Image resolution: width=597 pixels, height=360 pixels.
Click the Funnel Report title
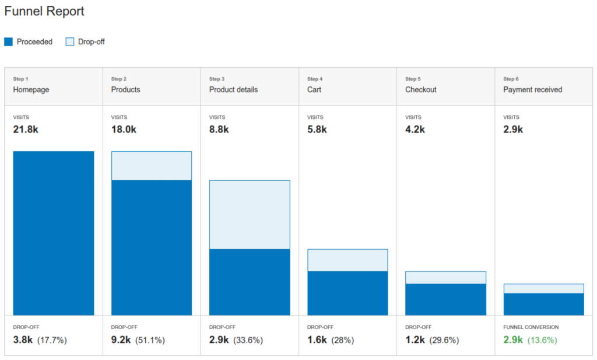pyautogui.click(x=44, y=11)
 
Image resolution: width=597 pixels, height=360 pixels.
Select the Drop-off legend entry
pyautogui.click(x=85, y=42)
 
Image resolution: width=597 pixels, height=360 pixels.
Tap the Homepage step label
pyautogui.click(x=31, y=90)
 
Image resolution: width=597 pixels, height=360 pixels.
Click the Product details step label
pyautogui.click(x=233, y=90)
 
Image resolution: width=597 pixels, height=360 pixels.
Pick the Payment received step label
pyautogui.click(x=532, y=90)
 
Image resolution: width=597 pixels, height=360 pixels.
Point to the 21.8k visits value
pyautogui.click(x=26, y=130)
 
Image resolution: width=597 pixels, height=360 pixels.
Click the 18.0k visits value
pyautogui.click(x=124, y=130)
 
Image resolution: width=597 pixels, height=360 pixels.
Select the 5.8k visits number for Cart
pyautogui.click(x=317, y=130)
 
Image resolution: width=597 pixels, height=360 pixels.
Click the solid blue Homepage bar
pyautogui.click(x=54, y=233)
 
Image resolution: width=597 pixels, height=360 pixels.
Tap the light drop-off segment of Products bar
pyautogui.click(x=152, y=166)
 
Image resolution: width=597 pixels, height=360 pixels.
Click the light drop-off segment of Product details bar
pyautogui.click(x=250, y=215)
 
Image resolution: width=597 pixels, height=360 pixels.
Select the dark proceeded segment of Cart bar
pyautogui.click(x=347, y=293)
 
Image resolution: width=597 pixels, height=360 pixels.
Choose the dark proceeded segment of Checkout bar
pyautogui.click(x=445, y=299)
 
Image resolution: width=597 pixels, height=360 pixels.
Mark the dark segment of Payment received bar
pyautogui.click(x=543, y=304)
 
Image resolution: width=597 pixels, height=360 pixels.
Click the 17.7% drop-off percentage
pyautogui.click(x=52, y=340)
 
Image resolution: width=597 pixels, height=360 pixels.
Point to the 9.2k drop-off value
pyautogui.click(x=121, y=340)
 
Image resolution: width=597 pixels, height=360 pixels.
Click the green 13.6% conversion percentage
pyautogui.click(x=542, y=340)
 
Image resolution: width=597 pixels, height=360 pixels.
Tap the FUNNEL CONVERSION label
pyautogui.click(x=531, y=327)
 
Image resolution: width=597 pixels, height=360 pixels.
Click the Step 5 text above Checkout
pyautogui.click(x=413, y=79)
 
